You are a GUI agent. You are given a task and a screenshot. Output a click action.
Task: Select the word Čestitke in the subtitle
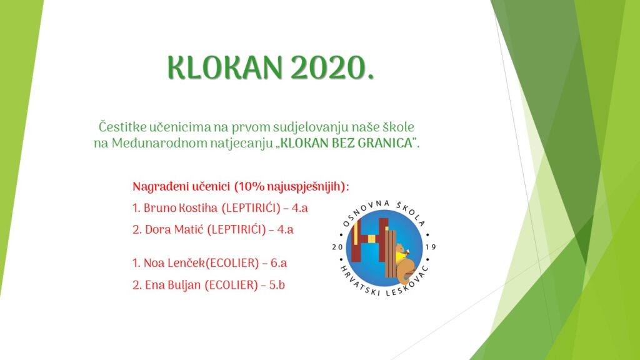coord(122,127)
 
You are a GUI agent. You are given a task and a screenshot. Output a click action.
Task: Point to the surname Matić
coord(189,229)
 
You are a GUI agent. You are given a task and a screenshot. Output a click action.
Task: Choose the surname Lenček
coord(186,263)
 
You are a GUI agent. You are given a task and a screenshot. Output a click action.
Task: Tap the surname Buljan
coord(184,285)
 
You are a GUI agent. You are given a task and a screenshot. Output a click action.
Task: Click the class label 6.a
coord(279,263)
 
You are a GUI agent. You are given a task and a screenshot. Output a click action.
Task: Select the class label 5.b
coord(277,285)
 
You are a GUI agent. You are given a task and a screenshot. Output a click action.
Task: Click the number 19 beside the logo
coord(431,247)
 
